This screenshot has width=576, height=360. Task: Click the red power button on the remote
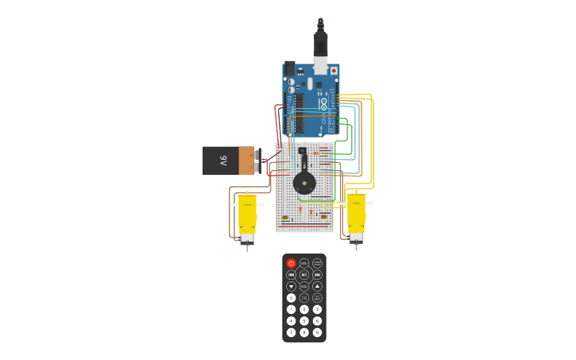coord(291,263)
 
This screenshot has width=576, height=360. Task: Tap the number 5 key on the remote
coord(304,321)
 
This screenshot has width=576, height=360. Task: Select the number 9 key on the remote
coord(317,332)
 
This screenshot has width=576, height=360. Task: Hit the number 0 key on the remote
coord(291,298)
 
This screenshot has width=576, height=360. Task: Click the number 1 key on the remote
coord(291,309)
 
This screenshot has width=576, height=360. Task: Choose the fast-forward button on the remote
coord(317,275)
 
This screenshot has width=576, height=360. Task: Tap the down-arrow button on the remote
coord(291,286)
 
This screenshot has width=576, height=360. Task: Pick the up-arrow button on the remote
coord(317,286)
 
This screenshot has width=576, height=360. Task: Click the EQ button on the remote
coord(304,298)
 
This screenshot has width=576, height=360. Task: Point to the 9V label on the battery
coord(223,161)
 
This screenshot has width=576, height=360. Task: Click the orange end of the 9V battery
coord(246,161)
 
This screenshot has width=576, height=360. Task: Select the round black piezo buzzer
coord(304,184)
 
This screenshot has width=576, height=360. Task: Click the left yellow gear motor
coord(247,216)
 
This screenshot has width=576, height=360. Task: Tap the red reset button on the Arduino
coord(334,71)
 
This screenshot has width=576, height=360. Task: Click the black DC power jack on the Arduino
coord(290,69)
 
